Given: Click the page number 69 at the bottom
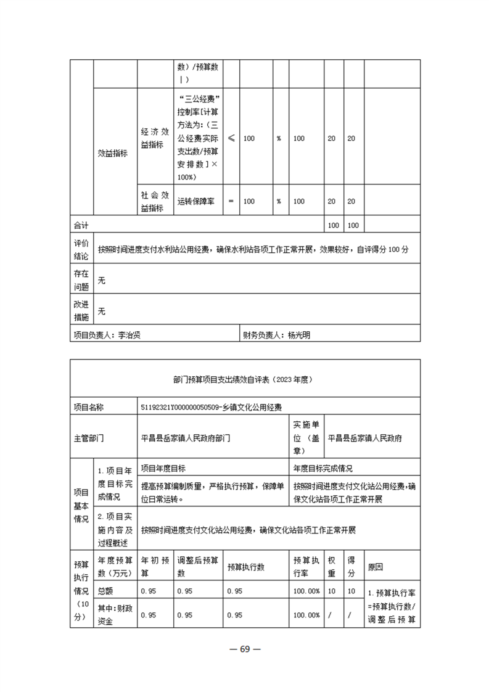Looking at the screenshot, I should [244, 648].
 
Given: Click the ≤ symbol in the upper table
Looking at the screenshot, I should [231, 139].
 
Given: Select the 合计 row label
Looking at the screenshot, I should [81, 225].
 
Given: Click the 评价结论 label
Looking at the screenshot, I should [81, 249].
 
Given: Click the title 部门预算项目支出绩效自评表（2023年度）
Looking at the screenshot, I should [244, 381].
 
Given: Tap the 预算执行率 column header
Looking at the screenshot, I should [306, 566].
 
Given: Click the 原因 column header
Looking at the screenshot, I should [375, 566].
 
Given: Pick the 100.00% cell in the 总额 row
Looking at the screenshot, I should [306, 591].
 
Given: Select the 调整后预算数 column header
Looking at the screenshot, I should [197, 566].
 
